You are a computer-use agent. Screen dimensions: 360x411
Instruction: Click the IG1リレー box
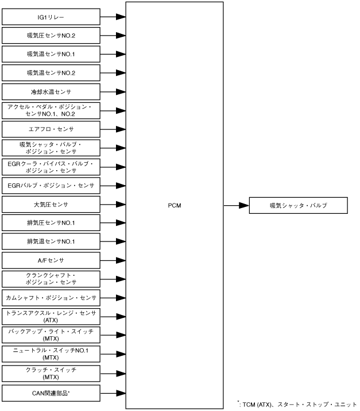(x=51, y=17)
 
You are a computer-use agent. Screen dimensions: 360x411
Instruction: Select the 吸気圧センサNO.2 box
(x=51, y=36)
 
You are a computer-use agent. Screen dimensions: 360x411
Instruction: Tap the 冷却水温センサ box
(x=51, y=91)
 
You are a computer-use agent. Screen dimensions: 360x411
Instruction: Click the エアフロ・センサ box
(x=51, y=129)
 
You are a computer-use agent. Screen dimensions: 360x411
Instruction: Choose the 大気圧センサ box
(x=51, y=204)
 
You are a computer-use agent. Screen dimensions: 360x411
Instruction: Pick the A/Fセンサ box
(x=51, y=260)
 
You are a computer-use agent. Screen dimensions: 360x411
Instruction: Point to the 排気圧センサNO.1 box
(x=51, y=223)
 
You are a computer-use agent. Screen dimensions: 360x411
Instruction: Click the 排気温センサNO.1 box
(x=51, y=241)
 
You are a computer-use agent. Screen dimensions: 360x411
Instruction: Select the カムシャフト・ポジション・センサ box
(x=51, y=298)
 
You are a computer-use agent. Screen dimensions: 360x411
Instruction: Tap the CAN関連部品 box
(x=51, y=393)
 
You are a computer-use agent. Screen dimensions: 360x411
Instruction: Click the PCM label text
(x=175, y=205)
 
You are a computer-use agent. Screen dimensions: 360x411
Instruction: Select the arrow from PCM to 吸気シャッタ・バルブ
(x=235, y=205)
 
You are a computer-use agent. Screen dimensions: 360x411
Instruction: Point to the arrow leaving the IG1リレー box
(x=113, y=17)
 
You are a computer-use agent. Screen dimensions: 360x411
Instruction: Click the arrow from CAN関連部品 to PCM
(x=113, y=393)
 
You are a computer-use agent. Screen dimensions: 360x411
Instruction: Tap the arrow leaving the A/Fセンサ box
(x=113, y=260)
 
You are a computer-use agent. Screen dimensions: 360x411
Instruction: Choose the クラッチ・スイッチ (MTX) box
(x=51, y=373)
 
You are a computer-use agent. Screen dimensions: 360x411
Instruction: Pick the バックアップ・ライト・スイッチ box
(x=51, y=335)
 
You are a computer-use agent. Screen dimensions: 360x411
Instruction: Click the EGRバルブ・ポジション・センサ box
(x=51, y=185)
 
